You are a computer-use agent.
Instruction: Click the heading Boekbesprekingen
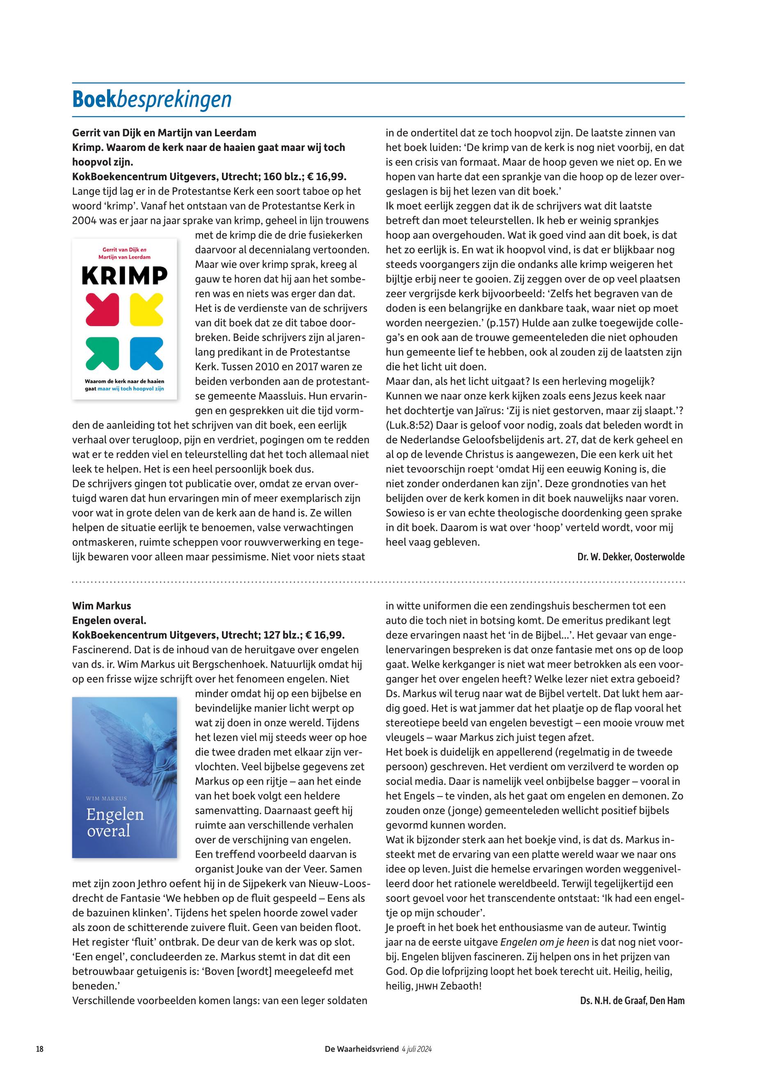click(x=152, y=100)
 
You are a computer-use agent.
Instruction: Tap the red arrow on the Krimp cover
click(x=102, y=310)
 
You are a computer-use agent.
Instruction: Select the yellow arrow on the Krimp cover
click(x=146, y=310)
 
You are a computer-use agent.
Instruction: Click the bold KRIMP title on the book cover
click(x=124, y=276)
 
